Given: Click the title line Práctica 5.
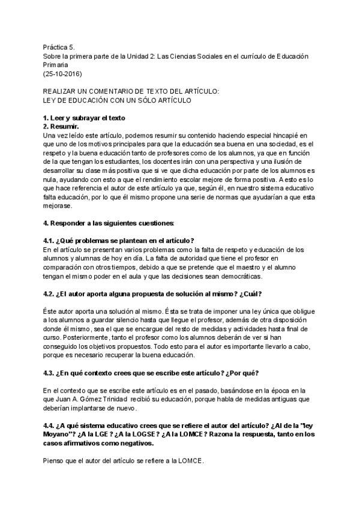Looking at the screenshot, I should (59, 47).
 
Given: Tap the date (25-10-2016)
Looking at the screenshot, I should (62, 74).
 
